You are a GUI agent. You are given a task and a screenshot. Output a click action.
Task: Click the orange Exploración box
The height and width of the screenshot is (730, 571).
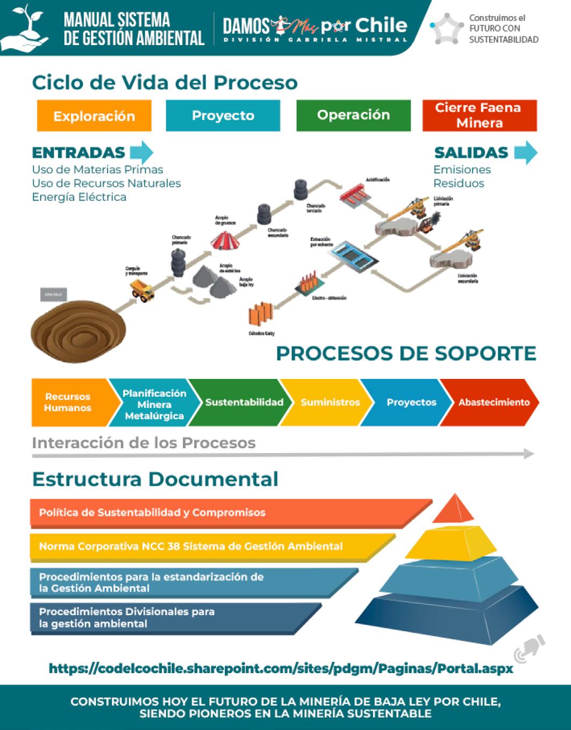tap(94, 116)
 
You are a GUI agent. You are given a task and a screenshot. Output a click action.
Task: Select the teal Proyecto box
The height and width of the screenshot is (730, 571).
tap(223, 115)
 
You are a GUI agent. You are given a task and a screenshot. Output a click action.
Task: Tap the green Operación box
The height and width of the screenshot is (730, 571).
tap(353, 115)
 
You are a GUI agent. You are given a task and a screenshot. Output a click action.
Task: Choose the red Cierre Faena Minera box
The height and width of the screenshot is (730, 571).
tap(479, 115)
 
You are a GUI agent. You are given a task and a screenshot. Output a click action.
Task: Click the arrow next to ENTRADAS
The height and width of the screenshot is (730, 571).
tap(141, 152)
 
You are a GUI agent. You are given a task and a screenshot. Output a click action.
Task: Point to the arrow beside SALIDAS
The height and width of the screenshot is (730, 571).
tap(525, 152)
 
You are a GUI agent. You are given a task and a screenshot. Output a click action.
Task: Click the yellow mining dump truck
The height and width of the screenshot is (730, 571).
tap(142, 290)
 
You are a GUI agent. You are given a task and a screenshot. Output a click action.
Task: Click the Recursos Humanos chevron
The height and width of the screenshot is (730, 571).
tap(68, 403)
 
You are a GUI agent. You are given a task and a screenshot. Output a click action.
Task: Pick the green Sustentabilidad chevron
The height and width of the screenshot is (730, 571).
tap(244, 403)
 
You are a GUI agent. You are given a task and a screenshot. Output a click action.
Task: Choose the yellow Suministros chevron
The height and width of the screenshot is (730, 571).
tap(330, 403)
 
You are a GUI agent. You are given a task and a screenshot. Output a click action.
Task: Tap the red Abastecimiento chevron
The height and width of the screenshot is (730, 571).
tap(493, 403)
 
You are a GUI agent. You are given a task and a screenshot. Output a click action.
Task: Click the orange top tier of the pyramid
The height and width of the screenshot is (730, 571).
tap(454, 510)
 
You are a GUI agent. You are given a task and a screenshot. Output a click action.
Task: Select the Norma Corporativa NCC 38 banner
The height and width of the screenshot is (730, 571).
tap(191, 546)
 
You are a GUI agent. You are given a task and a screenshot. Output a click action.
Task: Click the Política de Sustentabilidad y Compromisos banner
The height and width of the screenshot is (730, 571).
tap(152, 513)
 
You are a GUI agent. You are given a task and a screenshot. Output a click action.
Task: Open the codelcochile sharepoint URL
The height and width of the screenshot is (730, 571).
tap(281, 669)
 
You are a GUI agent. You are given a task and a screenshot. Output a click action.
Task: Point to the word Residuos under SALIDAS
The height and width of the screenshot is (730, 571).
tap(458, 184)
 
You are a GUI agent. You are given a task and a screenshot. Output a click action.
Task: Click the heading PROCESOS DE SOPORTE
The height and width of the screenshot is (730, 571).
tap(406, 354)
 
